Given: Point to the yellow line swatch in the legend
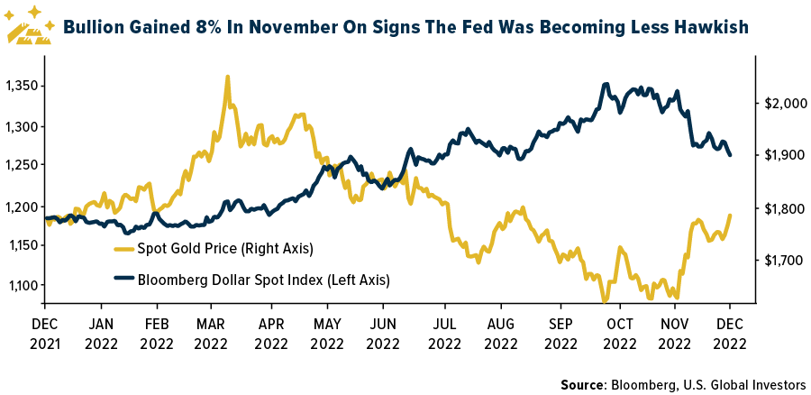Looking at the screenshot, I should (x=123, y=248).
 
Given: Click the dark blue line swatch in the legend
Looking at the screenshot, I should (x=123, y=280).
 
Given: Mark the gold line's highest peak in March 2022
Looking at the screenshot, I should (x=227, y=77).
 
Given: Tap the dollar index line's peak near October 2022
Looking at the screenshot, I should (x=606, y=84).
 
